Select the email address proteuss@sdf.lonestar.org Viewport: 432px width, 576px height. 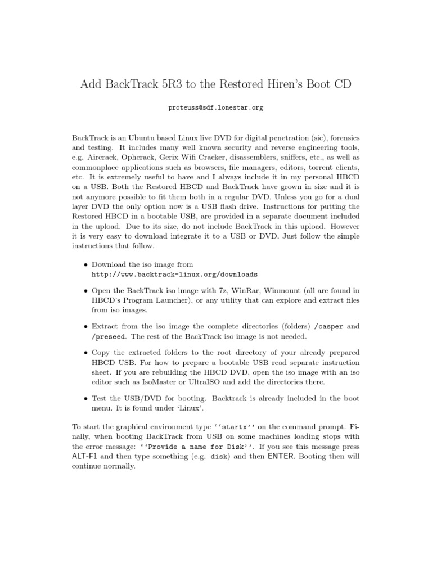216,107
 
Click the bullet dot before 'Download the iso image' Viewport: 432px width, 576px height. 84,264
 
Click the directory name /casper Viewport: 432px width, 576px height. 329,326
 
